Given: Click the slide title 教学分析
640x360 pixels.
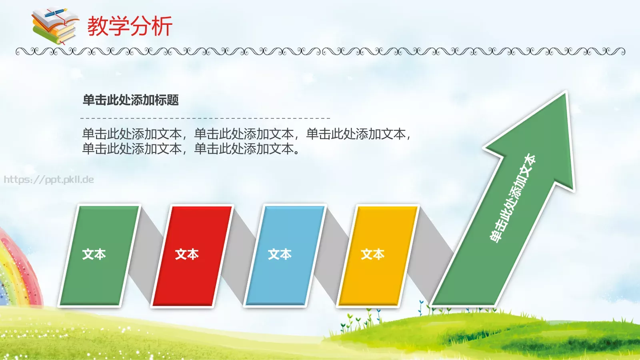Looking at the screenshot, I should pos(130,26).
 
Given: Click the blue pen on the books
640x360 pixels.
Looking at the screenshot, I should pos(56,13).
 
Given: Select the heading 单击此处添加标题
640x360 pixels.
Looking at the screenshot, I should pos(131,100).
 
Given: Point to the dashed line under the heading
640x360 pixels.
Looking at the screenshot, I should pos(205,118).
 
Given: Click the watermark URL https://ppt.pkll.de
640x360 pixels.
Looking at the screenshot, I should pos(49,180).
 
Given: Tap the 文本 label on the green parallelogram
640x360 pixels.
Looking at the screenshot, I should pos(94,254).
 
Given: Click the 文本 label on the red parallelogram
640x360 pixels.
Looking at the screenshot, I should pos(187,254).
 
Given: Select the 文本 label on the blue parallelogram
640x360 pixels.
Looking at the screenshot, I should pos(280,254).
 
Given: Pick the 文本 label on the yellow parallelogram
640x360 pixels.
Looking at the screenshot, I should pos(372,254).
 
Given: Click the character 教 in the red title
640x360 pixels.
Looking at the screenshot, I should pos(98,26).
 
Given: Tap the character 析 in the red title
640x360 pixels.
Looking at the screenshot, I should pos(162,26).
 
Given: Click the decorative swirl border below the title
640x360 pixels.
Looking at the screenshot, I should pos(320,51).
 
